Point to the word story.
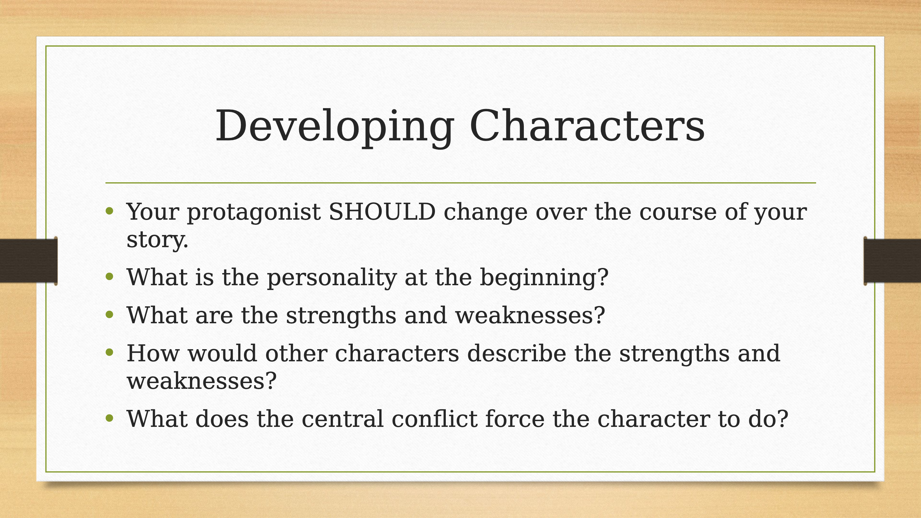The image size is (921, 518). pyautogui.click(x=157, y=240)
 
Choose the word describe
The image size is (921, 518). pyautogui.click(x=517, y=353)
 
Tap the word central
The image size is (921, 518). pyautogui.click(x=342, y=419)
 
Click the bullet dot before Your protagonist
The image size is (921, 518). pyautogui.click(x=109, y=211)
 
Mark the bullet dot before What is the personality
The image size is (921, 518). pyautogui.click(x=109, y=276)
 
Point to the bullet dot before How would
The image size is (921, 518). pyautogui.click(x=109, y=353)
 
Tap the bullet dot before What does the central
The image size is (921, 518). pyautogui.click(x=109, y=418)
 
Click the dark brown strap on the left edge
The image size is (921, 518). pyautogui.click(x=28, y=261)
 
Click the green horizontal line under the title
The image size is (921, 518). pyautogui.click(x=460, y=183)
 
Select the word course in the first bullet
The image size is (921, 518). pyautogui.click(x=678, y=212)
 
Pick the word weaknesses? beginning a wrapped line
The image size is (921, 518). pyautogui.click(x=202, y=381)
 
